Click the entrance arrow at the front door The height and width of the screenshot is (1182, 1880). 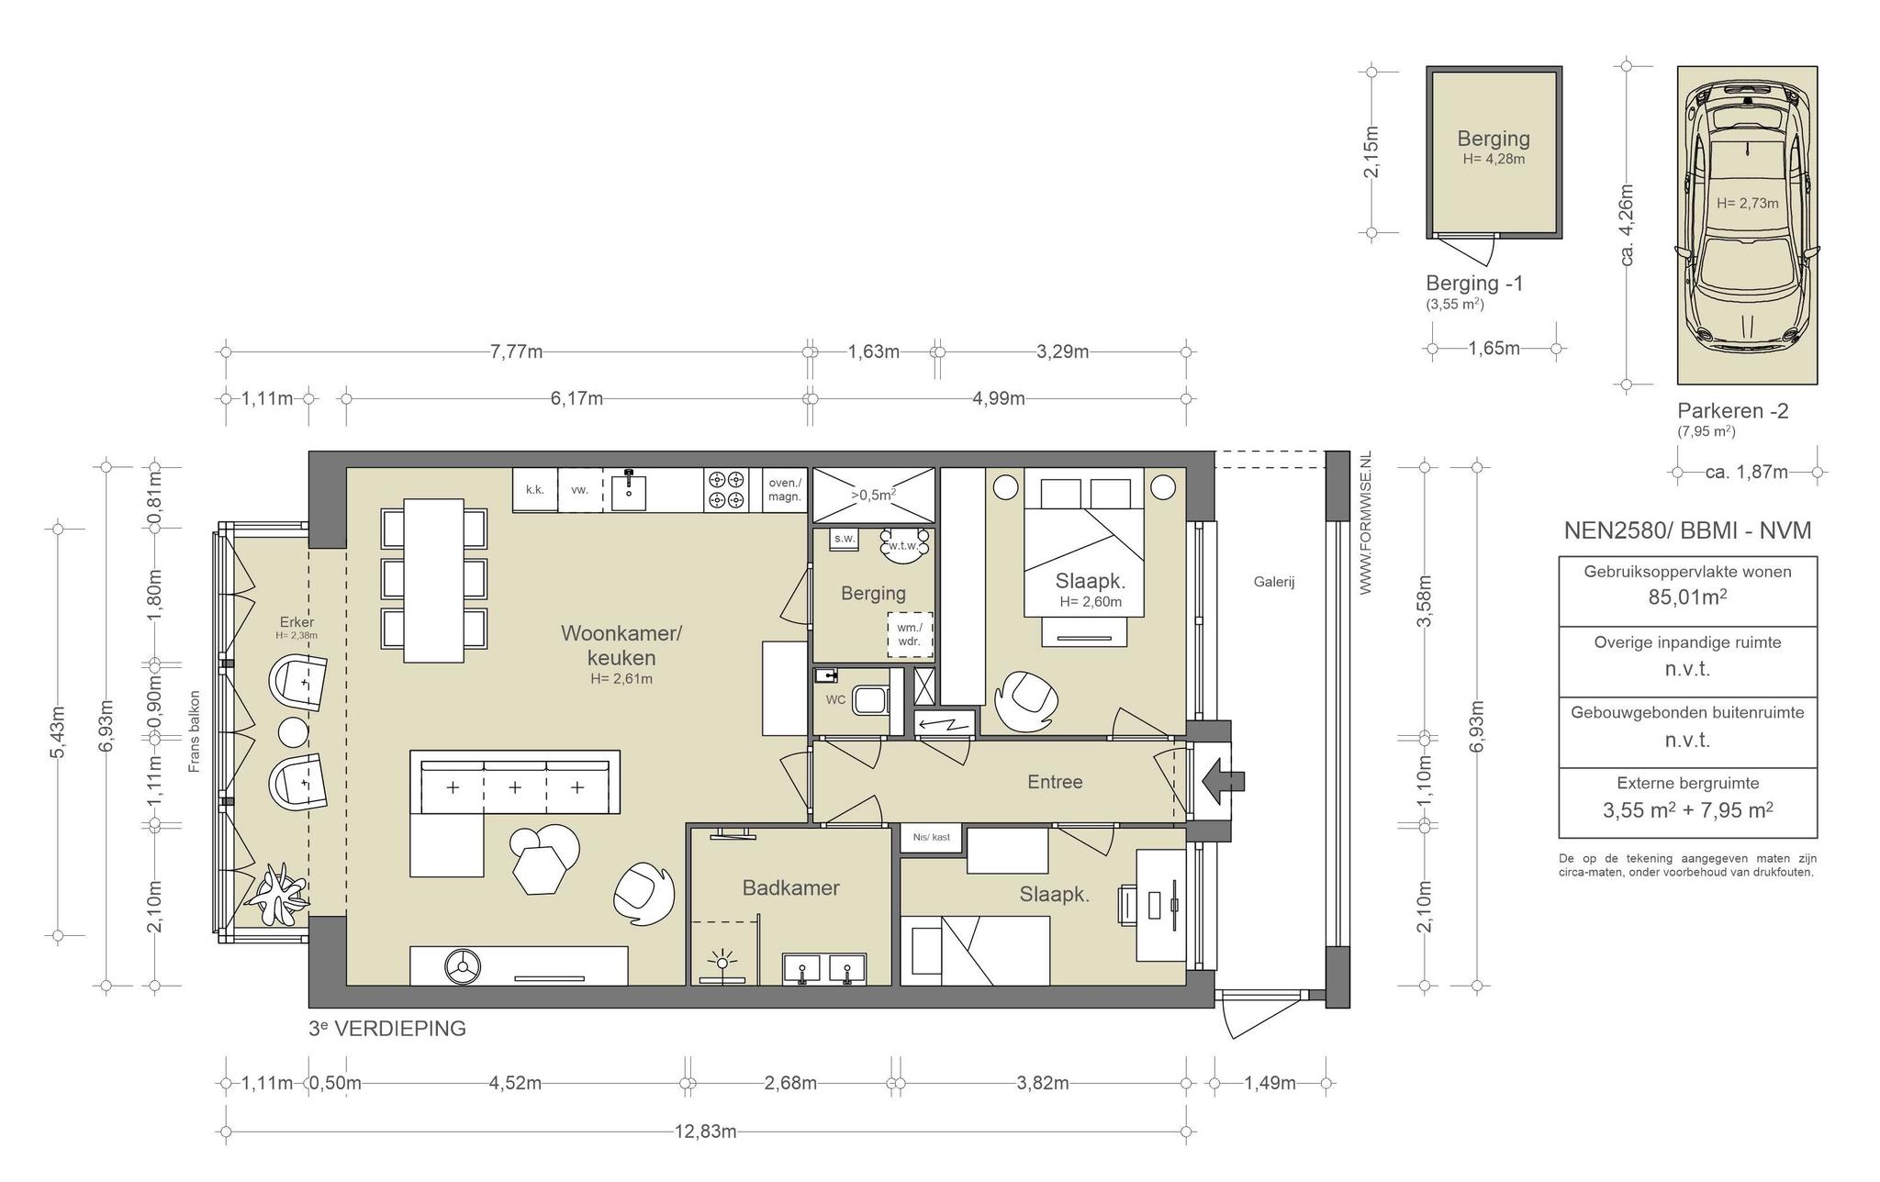(x=1222, y=782)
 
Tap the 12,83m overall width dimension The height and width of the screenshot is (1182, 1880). (x=705, y=1132)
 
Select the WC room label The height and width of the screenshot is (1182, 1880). (x=835, y=699)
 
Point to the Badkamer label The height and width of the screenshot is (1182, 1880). (x=790, y=887)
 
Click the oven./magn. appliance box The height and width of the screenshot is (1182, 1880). (x=784, y=490)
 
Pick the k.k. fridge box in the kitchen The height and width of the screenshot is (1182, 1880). (x=535, y=490)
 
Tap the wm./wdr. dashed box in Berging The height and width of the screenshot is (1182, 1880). (x=910, y=635)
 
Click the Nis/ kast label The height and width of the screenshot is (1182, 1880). (x=932, y=837)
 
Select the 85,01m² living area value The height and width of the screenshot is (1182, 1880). (x=1687, y=597)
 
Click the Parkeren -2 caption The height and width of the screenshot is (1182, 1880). (x=1733, y=411)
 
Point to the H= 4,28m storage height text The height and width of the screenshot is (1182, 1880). (x=1494, y=159)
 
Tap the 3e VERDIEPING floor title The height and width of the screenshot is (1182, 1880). (x=387, y=1029)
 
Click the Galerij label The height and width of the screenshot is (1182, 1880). (x=1274, y=581)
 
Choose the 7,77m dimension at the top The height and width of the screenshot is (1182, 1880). (x=516, y=351)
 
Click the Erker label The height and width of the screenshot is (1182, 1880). (x=297, y=622)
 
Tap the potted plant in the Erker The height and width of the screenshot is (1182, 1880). (x=277, y=893)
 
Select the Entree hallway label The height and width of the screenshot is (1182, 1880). (x=1055, y=782)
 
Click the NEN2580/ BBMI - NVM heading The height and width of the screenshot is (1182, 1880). (x=1687, y=530)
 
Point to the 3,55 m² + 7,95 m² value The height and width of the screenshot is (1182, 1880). (x=1687, y=810)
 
